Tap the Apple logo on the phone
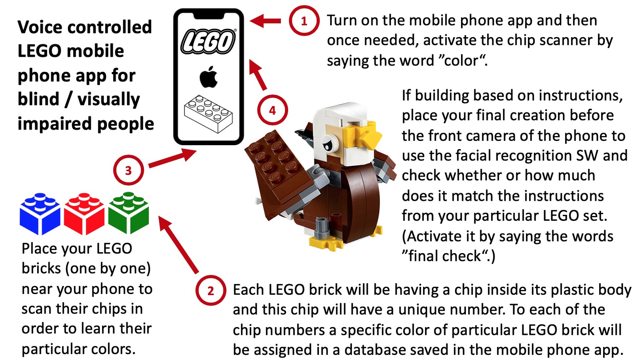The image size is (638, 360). [x=209, y=77]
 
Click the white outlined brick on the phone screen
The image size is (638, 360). [x=208, y=114]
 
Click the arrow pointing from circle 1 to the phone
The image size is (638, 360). [x=265, y=20]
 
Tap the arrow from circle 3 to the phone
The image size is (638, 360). [x=173, y=159]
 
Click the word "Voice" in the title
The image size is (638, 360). [x=40, y=27]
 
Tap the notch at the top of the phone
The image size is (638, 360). [x=208, y=16]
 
